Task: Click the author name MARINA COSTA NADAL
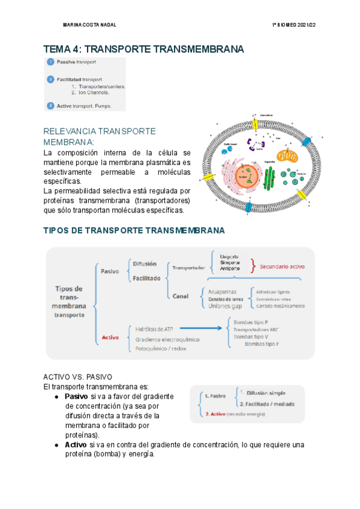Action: [89, 25]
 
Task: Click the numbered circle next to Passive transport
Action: [50, 62]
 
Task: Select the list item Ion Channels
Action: [90, 93]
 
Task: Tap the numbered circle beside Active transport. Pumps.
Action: [50, 106]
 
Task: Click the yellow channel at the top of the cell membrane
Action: [254, 124]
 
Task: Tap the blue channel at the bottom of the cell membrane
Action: [248, 208]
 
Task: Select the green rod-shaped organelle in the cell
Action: [270, 178]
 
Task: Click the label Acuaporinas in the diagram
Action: [224, 290]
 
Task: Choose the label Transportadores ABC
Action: [256, 330]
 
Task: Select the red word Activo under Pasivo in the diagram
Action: [110, 337]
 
